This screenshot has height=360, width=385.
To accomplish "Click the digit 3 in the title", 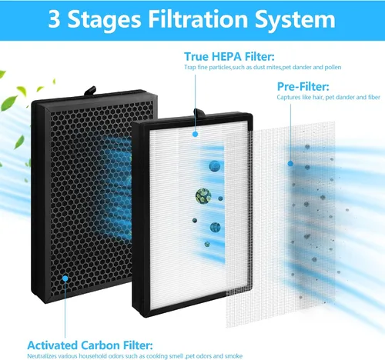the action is [54, 19].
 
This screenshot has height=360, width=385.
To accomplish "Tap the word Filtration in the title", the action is [198, 19].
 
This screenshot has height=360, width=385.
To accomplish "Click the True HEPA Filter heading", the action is [229, 56].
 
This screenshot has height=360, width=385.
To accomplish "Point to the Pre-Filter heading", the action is [303, 87].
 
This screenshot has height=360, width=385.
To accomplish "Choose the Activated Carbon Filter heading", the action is [90, 345].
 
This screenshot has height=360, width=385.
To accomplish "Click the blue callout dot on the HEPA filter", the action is [196, 134].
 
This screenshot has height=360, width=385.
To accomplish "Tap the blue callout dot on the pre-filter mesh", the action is [290, 163].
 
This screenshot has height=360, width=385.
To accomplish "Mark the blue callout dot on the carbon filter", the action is [65, 278].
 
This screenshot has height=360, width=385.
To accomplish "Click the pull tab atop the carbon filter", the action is [90, 91].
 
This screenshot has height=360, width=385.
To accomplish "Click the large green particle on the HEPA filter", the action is [203, 196].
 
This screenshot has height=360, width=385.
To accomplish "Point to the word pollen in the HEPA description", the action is [333, 68].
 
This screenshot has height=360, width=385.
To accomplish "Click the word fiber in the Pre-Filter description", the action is [373, 97].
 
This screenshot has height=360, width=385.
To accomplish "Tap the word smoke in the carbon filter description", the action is [233, 356].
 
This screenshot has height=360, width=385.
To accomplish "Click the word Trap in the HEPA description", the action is [189, 68].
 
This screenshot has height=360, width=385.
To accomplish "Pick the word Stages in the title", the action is [104, 21].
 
